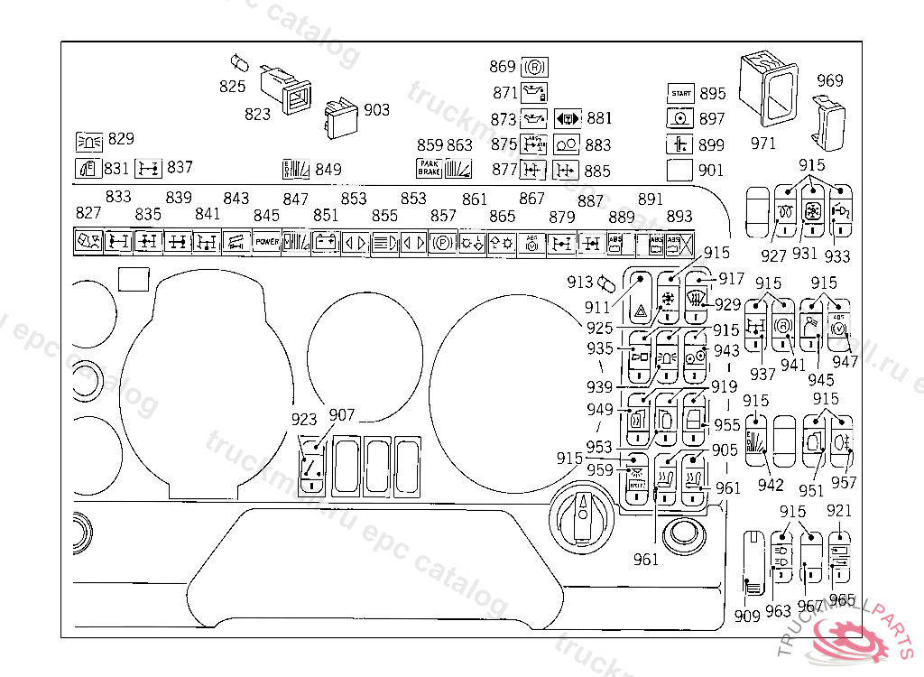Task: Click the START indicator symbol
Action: (680, 94)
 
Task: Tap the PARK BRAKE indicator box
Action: (429, 167)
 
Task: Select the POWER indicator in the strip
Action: (266, 242)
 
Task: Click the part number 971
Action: (763, 143)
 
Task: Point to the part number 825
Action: (233, 86)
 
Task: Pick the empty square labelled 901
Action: (680, 169)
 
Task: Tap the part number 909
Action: (747, 617)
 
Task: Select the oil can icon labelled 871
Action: (535, 92)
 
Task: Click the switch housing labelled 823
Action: (285, 88)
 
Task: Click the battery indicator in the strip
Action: (324, 243)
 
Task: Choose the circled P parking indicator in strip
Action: (442, 243)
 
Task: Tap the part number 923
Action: (304, 419)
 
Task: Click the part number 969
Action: (830, 80)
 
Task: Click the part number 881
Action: (599, 118)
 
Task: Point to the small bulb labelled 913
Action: (606, 283)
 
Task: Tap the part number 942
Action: (771, 485)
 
